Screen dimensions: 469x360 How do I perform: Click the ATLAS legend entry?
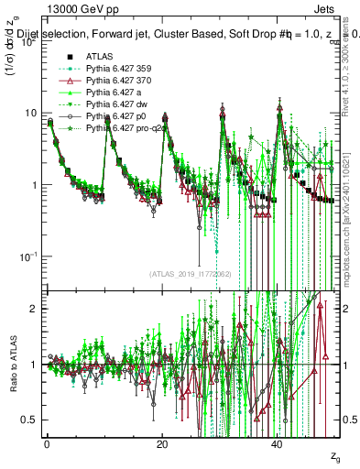98,56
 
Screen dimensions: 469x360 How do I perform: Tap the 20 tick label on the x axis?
162,443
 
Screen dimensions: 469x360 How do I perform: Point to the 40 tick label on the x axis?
278,443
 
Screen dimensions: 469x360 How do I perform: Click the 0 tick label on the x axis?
47,443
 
